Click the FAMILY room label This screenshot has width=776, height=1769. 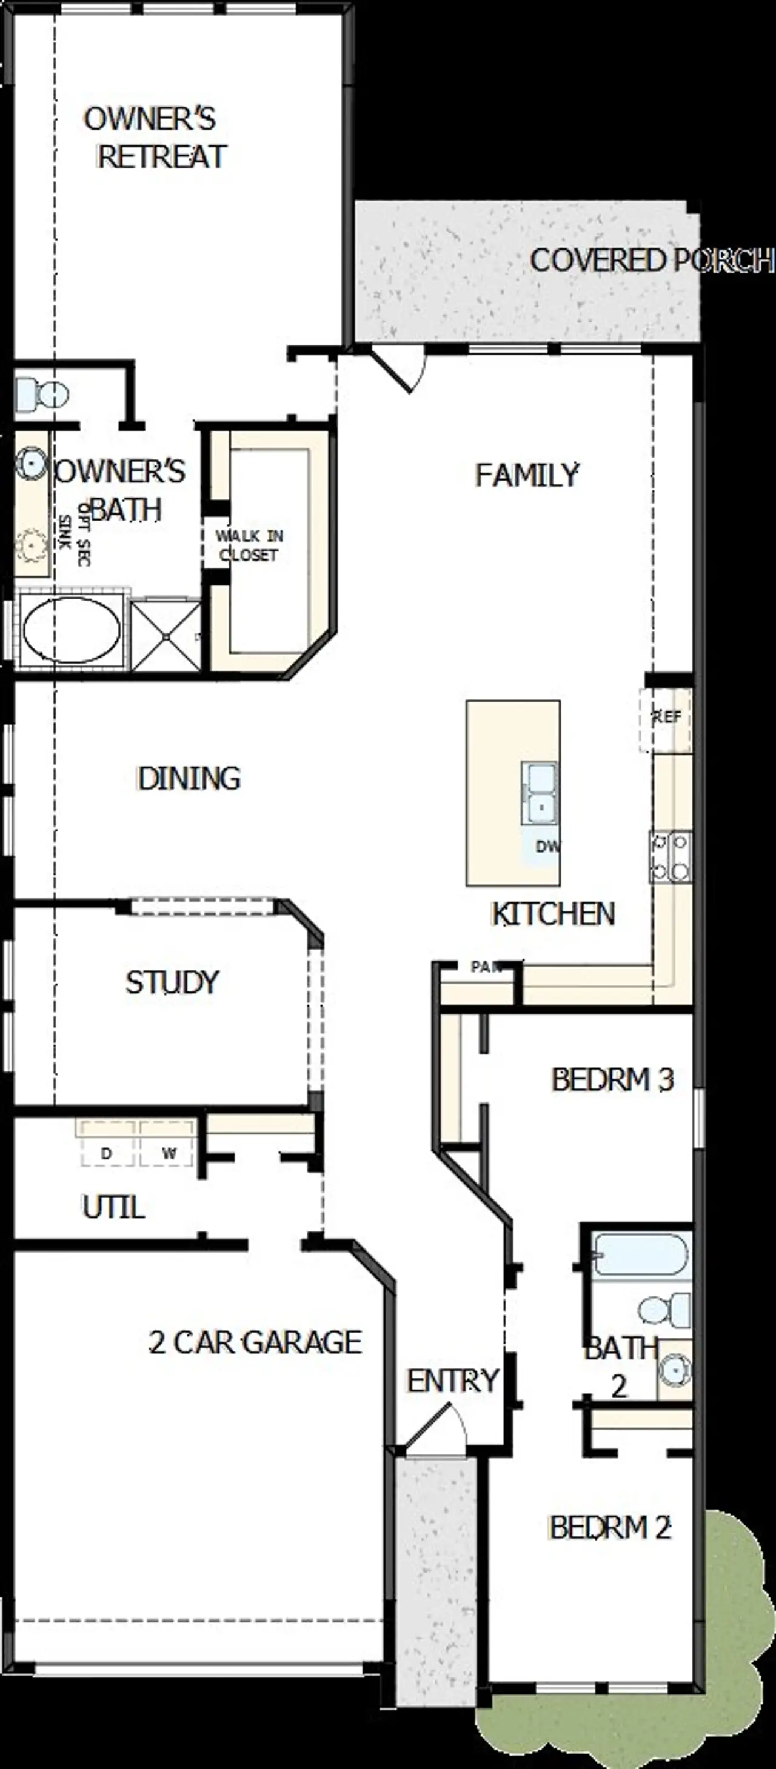point(527,475)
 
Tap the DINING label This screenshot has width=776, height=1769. point(189,779)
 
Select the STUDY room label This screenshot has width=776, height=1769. point(172,982)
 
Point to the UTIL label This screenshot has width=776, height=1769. point(113,1207)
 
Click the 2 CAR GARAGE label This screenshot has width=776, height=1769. point(255,1342)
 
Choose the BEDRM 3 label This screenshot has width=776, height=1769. point(612,1080)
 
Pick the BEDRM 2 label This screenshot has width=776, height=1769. point(609,1528)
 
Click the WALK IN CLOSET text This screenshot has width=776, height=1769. point(249,545)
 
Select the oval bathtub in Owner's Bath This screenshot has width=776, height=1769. point(72,630)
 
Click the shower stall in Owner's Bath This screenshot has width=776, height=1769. point(166,636)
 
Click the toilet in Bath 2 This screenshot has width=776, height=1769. point(664,1310)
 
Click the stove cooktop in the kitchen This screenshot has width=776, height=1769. point(671,856)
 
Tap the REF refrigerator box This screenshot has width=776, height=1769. point(666,718)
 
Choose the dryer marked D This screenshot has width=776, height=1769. point(107,1153)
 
